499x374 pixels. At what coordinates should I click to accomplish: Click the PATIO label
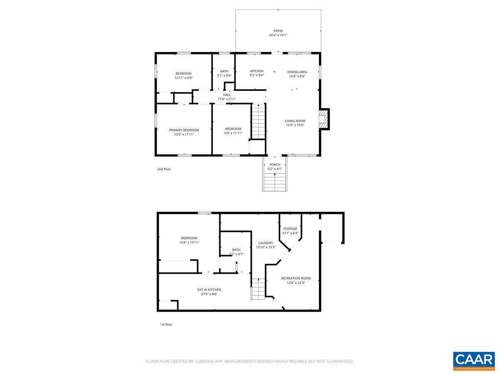pos(278,31)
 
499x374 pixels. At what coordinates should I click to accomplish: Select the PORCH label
pos(275,165)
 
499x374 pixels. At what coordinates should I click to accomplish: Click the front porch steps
pos(275,182)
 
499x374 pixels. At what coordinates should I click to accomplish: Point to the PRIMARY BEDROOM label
pos(184,130)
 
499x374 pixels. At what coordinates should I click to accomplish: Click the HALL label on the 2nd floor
pos(227,95)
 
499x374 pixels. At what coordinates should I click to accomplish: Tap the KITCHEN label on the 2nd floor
pos(257,71)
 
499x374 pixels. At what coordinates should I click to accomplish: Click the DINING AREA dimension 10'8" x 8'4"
pos(297,76)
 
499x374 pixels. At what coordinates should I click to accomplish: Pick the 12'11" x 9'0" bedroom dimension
pos(183,78)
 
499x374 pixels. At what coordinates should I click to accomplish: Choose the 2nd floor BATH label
pos(224,71)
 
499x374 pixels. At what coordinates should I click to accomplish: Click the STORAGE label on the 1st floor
pos(290,229)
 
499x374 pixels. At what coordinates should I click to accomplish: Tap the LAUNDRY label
pos(266,243)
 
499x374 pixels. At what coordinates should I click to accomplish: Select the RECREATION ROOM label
pos(296,278)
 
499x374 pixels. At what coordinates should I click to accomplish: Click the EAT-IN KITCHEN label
pos(209,290)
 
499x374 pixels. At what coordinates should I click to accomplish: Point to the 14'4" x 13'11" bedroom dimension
pos(189,242)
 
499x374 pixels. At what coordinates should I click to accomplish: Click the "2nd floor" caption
pos(164,169)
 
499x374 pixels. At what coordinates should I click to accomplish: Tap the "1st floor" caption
pos(166,325)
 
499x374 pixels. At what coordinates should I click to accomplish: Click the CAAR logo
pos(474,360)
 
